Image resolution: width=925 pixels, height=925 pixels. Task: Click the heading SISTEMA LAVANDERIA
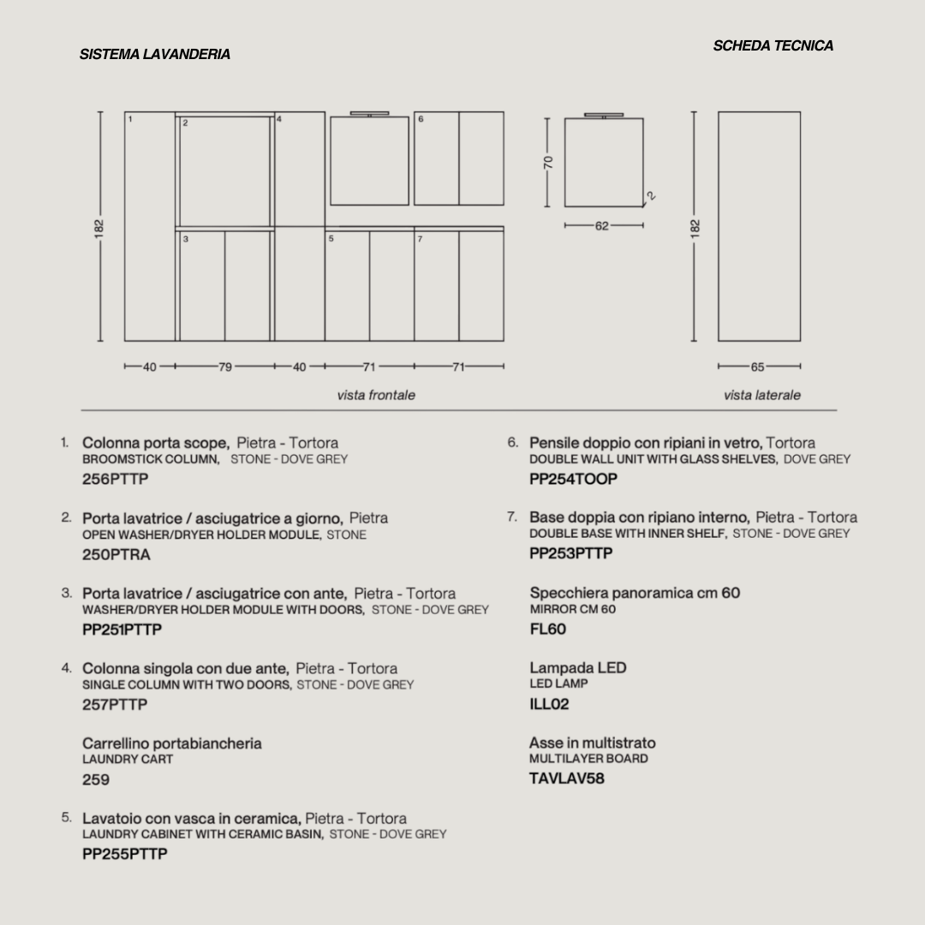tap(155, 54)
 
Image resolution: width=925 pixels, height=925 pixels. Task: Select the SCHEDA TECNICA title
tap(773, 45)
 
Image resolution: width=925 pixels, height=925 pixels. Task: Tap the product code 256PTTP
tap(115, 479)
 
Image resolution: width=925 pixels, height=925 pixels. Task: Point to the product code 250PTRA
tap(116, 554)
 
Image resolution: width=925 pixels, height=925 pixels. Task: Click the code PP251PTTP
tap(122, 630)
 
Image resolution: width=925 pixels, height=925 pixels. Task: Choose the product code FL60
tap(547, 629)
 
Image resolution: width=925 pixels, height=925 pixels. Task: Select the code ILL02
tap(549, 704)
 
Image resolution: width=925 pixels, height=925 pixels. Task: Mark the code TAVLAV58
tap(566, 779)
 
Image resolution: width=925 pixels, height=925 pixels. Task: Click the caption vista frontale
tap(376, 395)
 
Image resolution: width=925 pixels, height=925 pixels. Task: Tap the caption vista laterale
tap(762, 395)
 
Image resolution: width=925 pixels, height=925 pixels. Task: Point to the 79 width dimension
tap(224, 367)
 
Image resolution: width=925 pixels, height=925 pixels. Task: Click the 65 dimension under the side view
tap(758, 367)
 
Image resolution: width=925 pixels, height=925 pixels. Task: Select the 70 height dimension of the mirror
tap(548, 161)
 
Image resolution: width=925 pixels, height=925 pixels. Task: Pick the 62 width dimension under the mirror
tap(601, 226)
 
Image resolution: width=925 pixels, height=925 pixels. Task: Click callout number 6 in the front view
tap(421, 119)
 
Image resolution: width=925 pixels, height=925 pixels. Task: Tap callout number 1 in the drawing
tap(130, 119)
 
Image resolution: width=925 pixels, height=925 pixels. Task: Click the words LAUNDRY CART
tap(127, 759)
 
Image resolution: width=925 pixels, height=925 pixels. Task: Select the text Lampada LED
tap(577, 667)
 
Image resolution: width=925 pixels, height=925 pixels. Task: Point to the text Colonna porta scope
tap(155, 443)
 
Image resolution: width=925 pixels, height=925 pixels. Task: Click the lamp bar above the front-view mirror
tap(369, 113)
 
